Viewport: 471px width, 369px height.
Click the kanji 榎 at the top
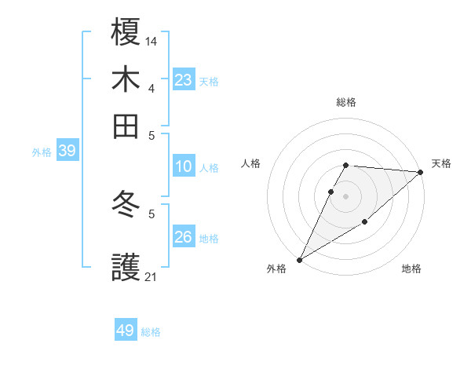pos(126,32)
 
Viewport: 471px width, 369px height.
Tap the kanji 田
pos(126,126)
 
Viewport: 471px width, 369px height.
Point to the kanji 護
pos(126,268)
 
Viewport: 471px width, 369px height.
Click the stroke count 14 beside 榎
pos(152,39)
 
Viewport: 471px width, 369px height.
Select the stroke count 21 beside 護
pos(152,276)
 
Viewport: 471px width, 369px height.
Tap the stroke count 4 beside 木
pos(152,87)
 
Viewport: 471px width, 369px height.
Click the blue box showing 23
pos(184,79)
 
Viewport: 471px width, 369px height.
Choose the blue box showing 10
pos(184,166)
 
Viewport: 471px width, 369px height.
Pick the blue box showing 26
pos(184,236)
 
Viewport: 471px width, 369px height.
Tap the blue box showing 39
pos(67,151)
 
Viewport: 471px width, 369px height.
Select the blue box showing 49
pos(126,331)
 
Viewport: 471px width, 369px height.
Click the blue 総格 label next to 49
pos(151,332)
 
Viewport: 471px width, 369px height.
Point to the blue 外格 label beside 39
pos(42,152)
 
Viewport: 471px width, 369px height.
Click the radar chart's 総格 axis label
pos(346,103)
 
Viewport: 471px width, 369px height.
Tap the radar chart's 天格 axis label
pos(441,163)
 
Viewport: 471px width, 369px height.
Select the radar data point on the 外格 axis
pos(299,260)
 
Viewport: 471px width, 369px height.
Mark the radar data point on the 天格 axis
pos(421,173)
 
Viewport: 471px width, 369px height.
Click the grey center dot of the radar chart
pos(346,195)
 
